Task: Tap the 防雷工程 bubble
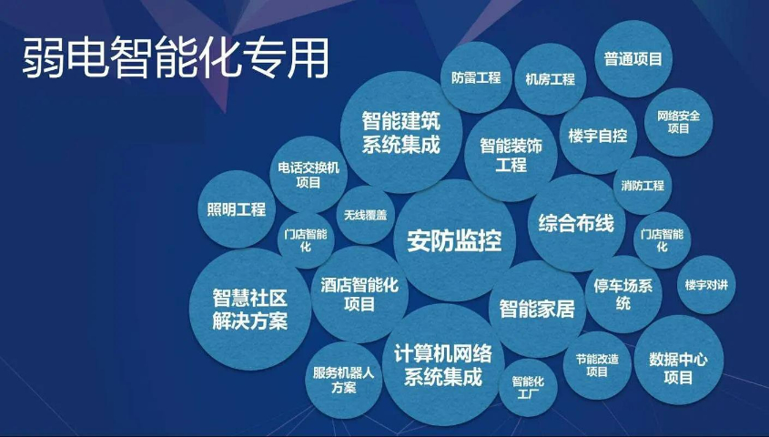coord(476,77)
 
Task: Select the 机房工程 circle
coord(550,79)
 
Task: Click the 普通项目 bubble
coord(632,59)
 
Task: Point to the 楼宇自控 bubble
coord(597,136)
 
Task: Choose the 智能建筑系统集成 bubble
coord(400,132)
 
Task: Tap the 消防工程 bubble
coord(643,185)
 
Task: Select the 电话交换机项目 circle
coord(309,174)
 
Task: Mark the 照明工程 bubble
coord(237,209)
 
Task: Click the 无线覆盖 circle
coord(366,215)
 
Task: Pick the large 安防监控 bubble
coord(454,240)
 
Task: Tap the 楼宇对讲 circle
coord(706,285)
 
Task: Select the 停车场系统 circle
coord(622,294)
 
